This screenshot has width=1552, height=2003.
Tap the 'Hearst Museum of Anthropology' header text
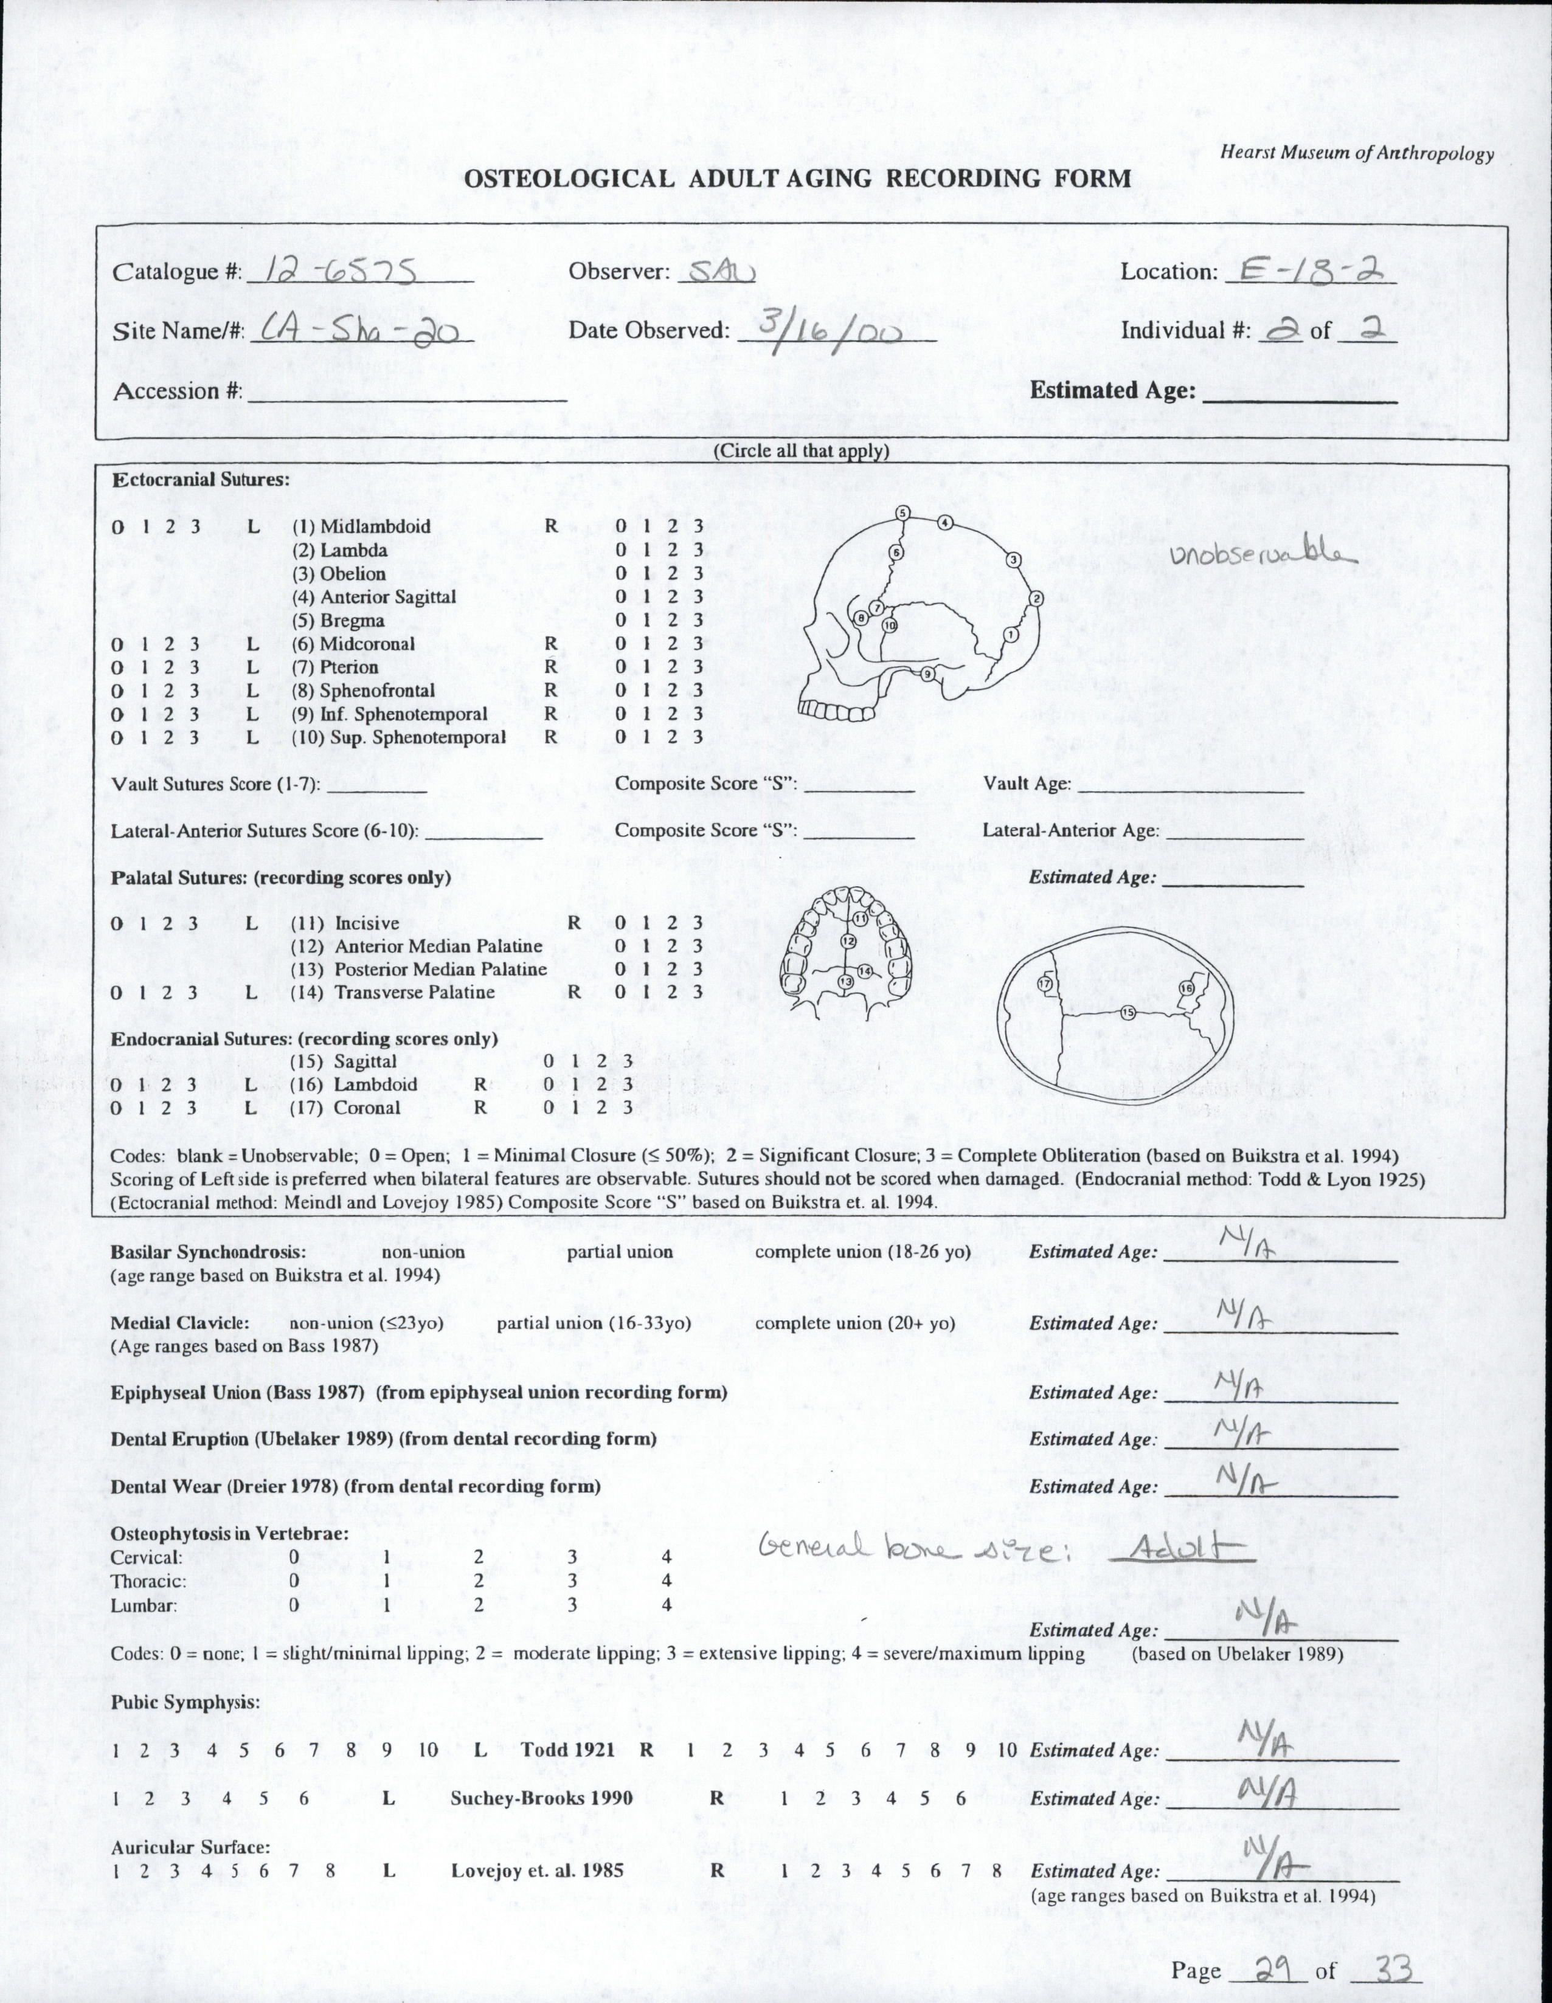click(x=1356, y=154)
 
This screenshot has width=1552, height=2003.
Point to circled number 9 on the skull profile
click(x=928, y=675)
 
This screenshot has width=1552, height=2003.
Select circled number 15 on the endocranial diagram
click(x=1128, y=1012)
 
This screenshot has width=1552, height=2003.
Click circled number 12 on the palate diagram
click(x=848, y=942)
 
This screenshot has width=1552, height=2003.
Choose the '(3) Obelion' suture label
click(x=339, y=574)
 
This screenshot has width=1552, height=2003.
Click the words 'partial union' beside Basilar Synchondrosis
click(x=620, y=1252)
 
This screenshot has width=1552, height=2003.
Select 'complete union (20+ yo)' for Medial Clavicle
click(x=855, y=1323)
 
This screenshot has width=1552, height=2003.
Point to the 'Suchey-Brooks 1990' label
click(x=541, y=1798)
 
